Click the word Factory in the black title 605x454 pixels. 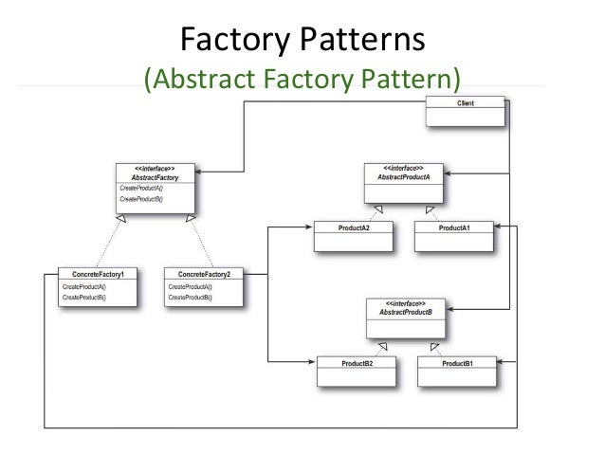click(x=235, y=40)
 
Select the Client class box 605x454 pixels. click(x=465, y=111)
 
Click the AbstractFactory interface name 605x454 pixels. click(x=155, y=178)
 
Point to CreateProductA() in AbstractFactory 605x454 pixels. click(x=141, y=189)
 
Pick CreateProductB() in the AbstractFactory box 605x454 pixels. click(x=141, y=199)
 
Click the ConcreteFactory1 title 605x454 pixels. click(x=98, y=274)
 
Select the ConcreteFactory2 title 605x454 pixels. click(x=204, y=274)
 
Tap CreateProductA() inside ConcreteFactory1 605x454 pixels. click(x=84, y=287)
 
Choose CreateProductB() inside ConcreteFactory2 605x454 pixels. click(x=191, y=298)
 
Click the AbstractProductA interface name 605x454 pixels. click(x=404, y=177)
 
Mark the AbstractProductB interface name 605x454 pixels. click(x=406, y=312)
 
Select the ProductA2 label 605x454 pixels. click(x=354, y=228)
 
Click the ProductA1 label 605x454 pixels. click(x=454, y=228)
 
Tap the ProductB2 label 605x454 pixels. click(x=357, y=363)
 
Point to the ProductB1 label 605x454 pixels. click(x=457, y=363)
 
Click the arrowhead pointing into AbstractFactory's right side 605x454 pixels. click(x=199, y=172)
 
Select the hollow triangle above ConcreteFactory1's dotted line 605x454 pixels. click(x=121, y=219)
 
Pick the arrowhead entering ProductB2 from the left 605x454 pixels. click(x=311, y=362)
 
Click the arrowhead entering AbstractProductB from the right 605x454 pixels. click(x=449, y=309)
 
